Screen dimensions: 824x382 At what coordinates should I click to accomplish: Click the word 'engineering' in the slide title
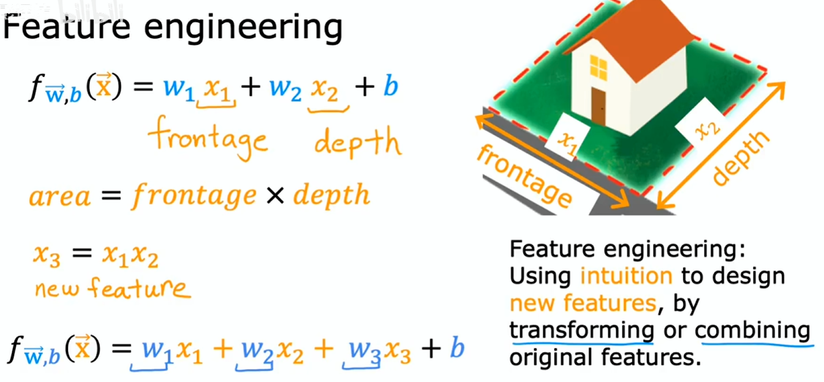point(243,29)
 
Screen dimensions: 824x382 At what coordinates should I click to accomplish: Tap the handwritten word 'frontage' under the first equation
point(208,138)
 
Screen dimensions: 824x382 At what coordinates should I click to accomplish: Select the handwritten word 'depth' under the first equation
point(358,143)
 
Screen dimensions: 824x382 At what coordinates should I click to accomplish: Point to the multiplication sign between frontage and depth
point(275,195)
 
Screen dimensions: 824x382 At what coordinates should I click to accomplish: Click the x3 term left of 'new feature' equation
point(47,255)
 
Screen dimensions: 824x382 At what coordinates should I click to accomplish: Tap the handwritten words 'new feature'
point(113,288)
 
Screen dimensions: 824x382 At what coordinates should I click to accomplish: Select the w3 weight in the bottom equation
point(365,350)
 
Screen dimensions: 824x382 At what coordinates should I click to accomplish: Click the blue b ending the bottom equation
point(457,346)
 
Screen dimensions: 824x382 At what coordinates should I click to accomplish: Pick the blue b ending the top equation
point(391,85)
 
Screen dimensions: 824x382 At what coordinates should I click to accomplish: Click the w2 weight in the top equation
point(285,89)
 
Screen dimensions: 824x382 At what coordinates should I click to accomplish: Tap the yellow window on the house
point(599,67)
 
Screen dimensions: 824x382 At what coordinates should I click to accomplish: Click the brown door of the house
point(599,107)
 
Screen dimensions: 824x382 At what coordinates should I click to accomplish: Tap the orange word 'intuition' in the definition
point(626,275)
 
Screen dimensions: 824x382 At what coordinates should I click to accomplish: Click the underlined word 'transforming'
point(581,330)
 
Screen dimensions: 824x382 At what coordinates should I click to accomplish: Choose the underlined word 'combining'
point(752,331)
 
